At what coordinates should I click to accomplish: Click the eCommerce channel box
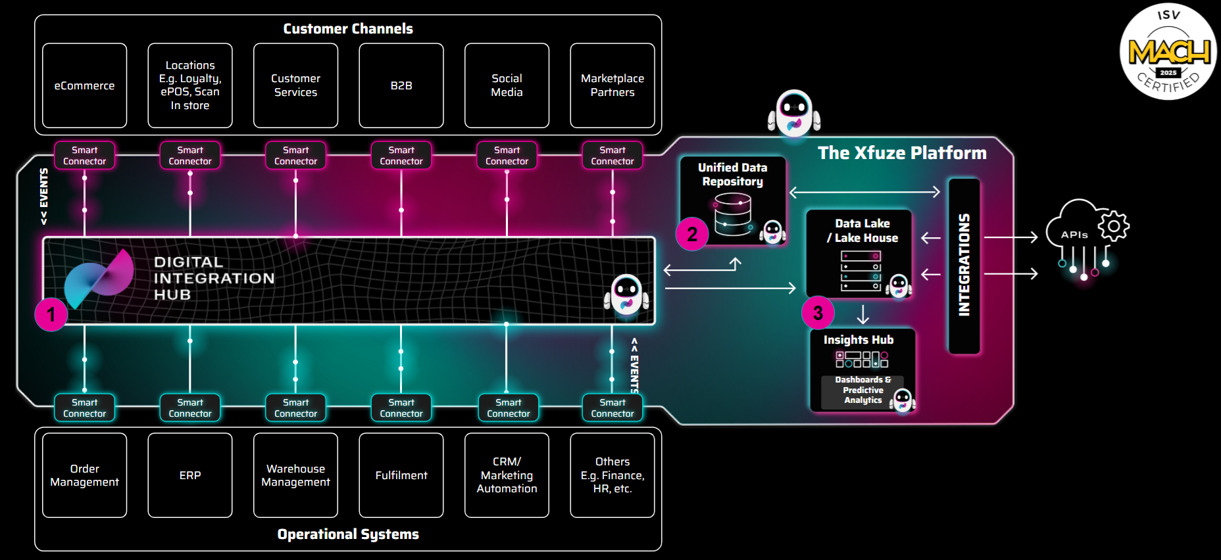(84, 85)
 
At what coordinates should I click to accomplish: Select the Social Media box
(507, 85)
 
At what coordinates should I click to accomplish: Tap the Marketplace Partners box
(612, 85)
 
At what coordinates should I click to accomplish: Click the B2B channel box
(401, 85)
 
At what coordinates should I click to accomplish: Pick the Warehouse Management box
(295, 475)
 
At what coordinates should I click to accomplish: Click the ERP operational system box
(190, 475)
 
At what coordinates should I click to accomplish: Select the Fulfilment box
(401, 475)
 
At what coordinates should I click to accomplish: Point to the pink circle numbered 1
(51, 314)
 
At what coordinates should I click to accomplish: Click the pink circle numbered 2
(692, 234)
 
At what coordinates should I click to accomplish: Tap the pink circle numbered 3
(818, 313)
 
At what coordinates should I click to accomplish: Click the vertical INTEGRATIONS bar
(964, 266)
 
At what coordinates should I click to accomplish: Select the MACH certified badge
(1168, 52)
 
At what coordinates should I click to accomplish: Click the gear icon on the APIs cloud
(1114, 226)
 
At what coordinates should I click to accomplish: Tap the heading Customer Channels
(348, 29)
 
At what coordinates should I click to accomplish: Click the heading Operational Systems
(348, 534)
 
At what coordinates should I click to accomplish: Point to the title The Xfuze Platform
(902, 153)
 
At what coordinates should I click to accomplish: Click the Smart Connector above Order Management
(84, 408)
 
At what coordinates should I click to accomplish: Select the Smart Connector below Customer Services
(295, 156)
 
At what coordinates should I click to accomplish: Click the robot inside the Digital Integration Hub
(626, 294)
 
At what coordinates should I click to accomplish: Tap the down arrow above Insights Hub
(863, 314)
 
